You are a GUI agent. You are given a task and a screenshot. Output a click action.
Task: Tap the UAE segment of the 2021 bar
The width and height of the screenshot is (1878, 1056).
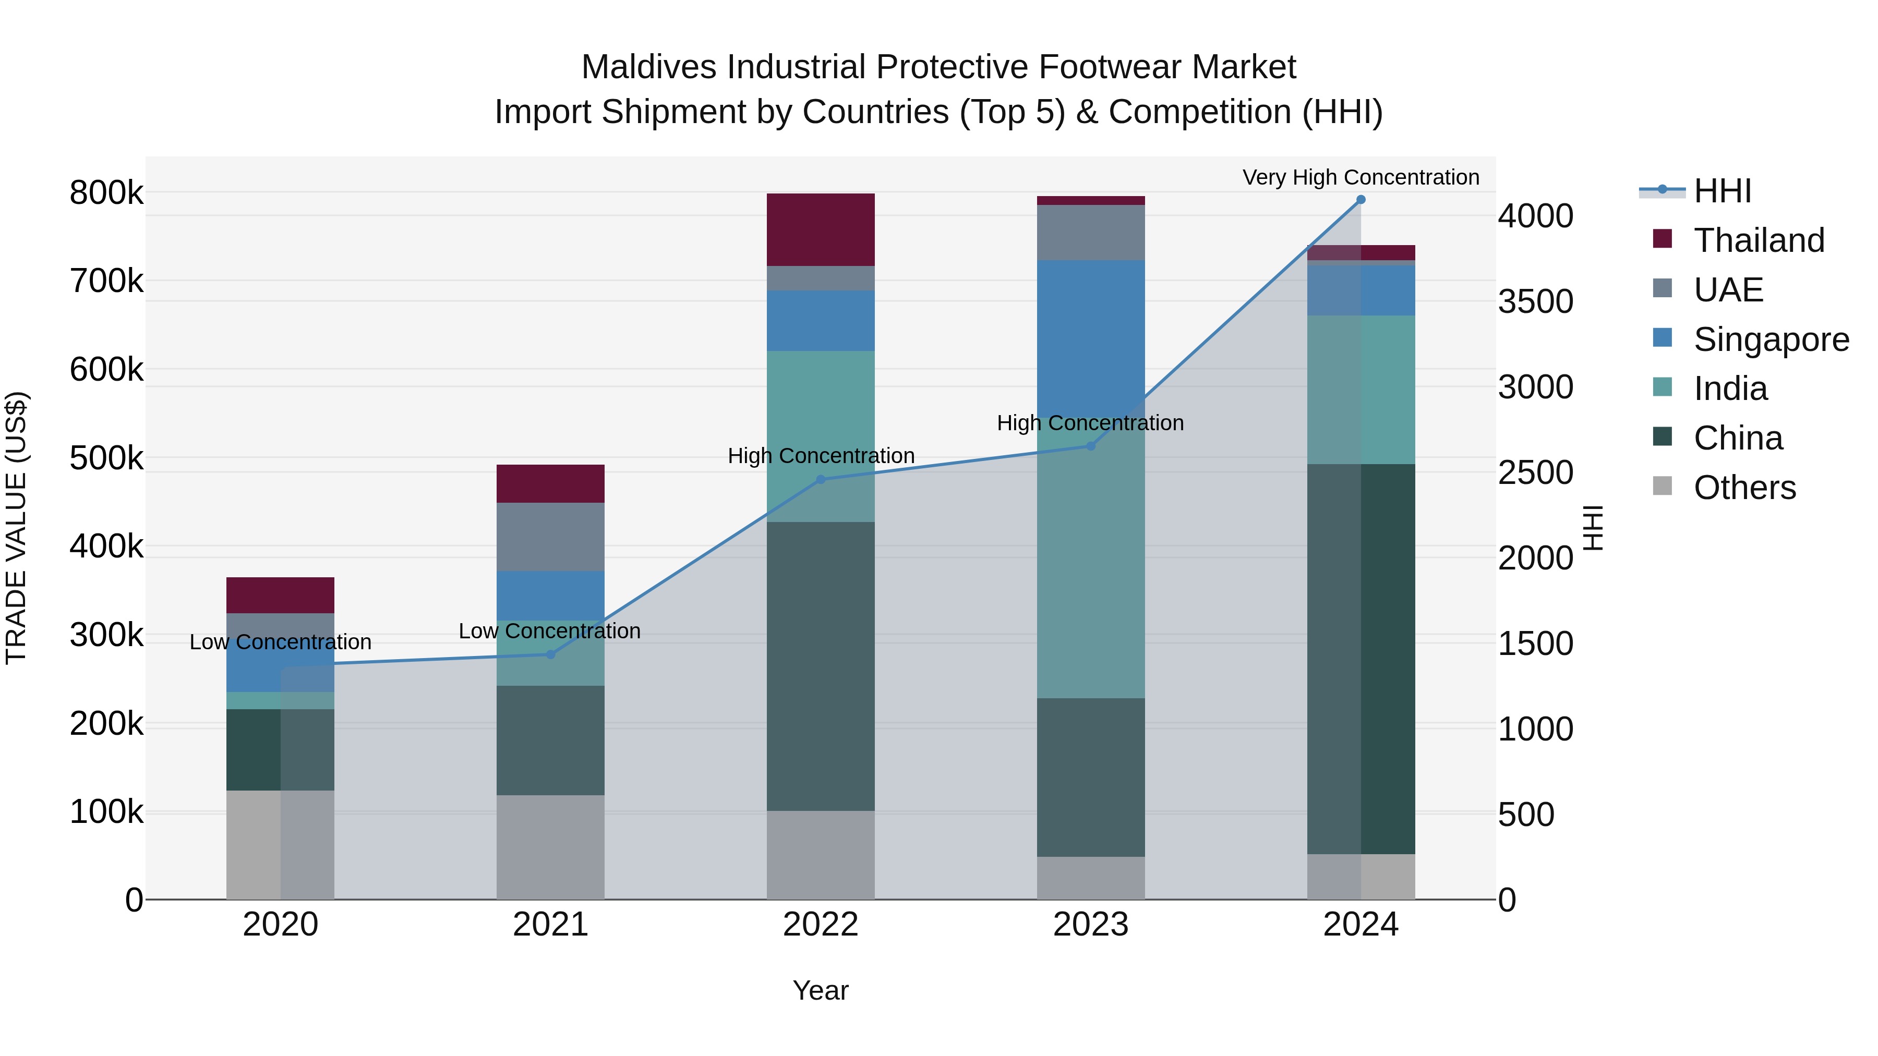tap(550, 537)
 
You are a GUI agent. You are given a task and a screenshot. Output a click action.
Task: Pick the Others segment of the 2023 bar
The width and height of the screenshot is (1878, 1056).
tap(1091, 878)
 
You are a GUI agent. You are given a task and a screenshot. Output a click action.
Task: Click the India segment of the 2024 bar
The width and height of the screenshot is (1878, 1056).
tap(1361, 390)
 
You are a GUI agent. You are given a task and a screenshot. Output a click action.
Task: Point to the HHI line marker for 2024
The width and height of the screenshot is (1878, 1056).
tap(1361, 200)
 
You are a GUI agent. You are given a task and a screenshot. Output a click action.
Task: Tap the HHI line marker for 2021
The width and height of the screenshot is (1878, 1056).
tap(550, 654)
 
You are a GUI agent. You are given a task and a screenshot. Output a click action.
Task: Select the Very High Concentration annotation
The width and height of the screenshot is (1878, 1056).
tap(1361, 177)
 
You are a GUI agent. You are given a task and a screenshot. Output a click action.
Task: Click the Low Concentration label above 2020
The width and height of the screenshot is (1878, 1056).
tap(280, 642)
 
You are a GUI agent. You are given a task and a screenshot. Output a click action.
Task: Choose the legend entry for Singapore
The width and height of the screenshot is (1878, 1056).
tap(1771, 339)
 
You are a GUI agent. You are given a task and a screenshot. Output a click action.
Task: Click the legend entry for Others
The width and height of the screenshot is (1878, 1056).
tap(1744, 488)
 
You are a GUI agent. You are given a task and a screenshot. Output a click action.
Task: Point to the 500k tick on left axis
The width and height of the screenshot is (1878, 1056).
tap(106, 458)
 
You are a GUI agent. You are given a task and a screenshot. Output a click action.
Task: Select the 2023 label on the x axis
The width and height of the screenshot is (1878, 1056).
tap(1091, 925)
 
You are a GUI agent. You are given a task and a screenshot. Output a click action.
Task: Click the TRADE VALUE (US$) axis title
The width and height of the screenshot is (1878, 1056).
tap(17, 528)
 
